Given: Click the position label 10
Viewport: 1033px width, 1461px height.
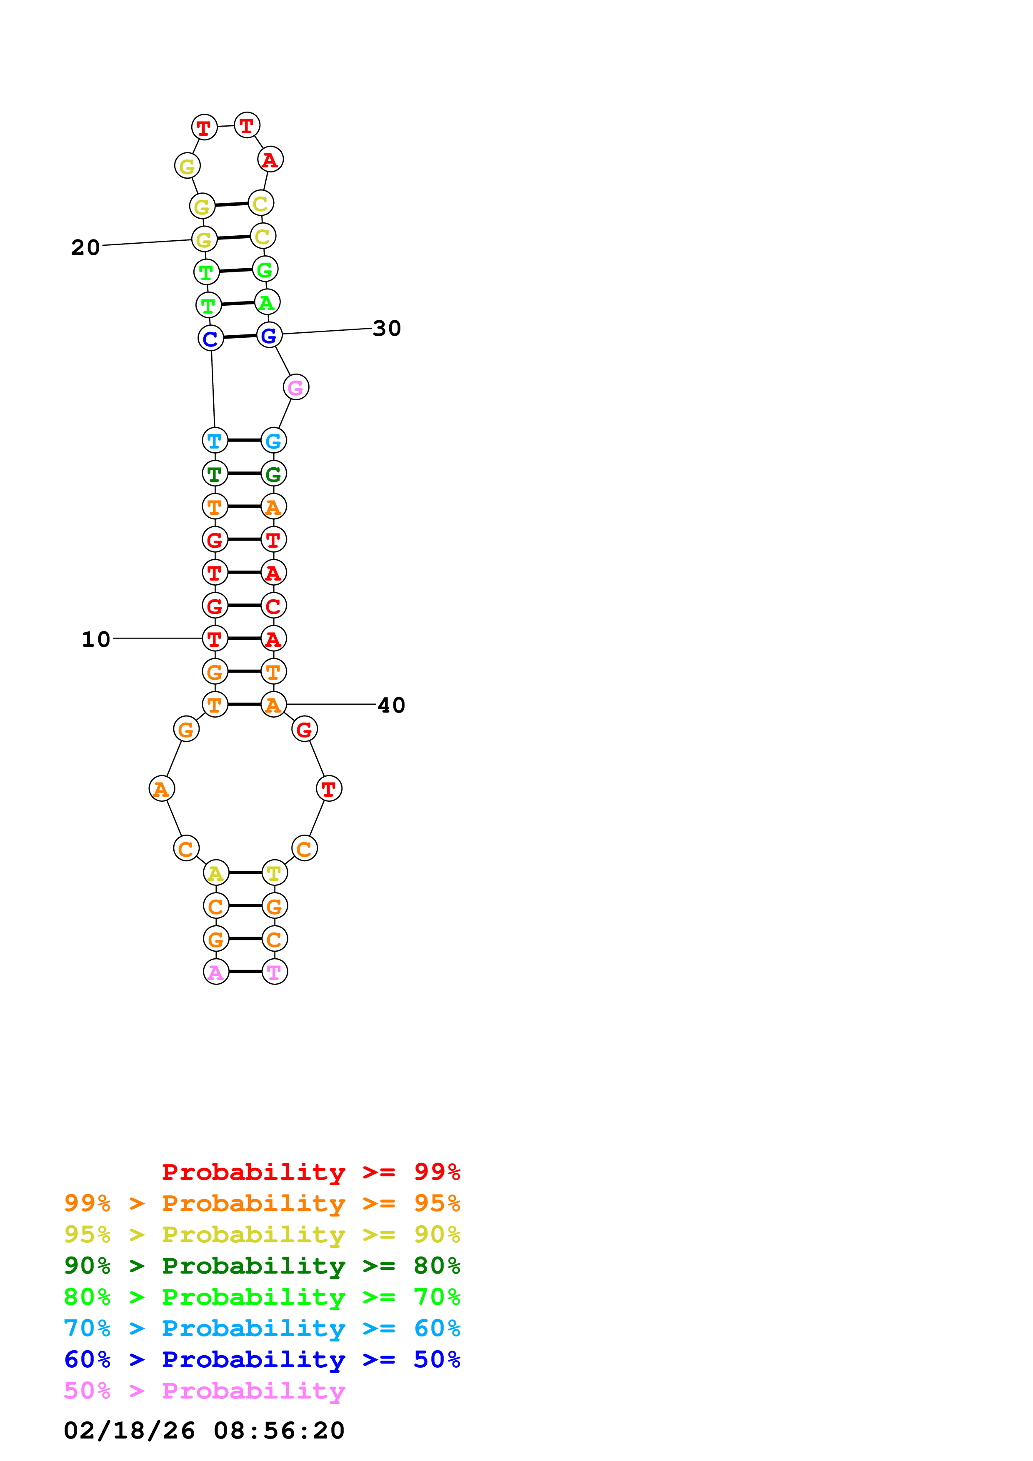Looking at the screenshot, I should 95,639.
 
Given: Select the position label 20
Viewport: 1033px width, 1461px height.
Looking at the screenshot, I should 85,247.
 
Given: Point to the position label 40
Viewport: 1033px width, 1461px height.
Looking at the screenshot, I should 391,705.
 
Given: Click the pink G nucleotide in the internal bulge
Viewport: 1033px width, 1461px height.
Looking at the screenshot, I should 296,387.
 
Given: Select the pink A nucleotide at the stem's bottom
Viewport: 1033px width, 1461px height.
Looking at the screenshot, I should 216,972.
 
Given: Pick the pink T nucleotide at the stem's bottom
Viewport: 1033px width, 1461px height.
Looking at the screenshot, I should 274,972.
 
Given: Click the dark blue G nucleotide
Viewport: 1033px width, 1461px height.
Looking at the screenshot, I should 269,335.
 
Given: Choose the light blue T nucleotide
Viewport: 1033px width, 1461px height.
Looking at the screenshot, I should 215,440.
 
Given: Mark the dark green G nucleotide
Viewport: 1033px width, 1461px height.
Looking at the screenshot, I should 274,474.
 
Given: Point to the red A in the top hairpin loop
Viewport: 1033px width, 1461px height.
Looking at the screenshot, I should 270,160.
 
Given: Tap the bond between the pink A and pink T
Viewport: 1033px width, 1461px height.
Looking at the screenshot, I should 245,972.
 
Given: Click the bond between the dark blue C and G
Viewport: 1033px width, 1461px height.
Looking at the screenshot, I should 240,336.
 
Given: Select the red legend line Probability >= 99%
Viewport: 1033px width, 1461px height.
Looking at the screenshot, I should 310,1172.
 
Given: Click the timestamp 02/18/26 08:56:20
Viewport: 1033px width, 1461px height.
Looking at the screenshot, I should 204,1431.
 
